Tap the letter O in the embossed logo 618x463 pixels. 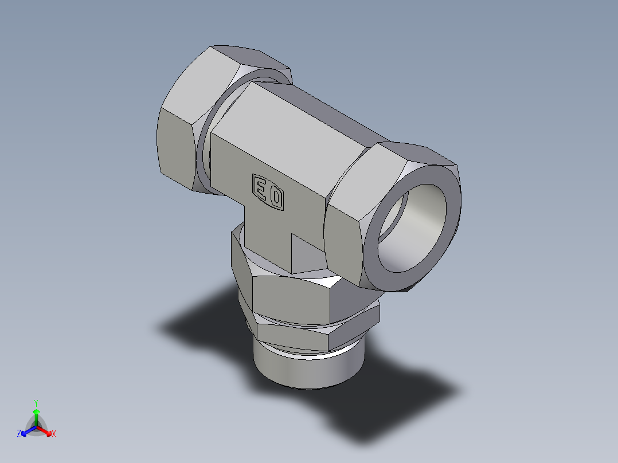point(276,198)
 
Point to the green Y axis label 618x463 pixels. point(36,402)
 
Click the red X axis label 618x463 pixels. point(54,434)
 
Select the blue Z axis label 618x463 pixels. point(19,434)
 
